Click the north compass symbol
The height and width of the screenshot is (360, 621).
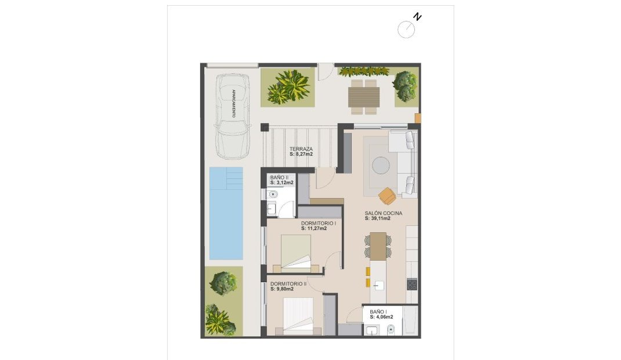click(x=407, y=29)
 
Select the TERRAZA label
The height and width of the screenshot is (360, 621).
click(x=302, y=149)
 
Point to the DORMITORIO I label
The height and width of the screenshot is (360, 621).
click(x=319, y=223)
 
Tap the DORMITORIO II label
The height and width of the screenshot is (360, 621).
click(x=288, y=284)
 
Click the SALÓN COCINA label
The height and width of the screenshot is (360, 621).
click(x=384, y=213)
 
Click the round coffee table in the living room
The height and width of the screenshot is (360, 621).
click(x=382, y=165)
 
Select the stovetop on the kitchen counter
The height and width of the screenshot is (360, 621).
click(x=412, y=284)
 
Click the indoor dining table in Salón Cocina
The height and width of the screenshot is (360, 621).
click(x=378, y=246)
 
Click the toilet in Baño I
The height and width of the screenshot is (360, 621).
click(x=391, y=330)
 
